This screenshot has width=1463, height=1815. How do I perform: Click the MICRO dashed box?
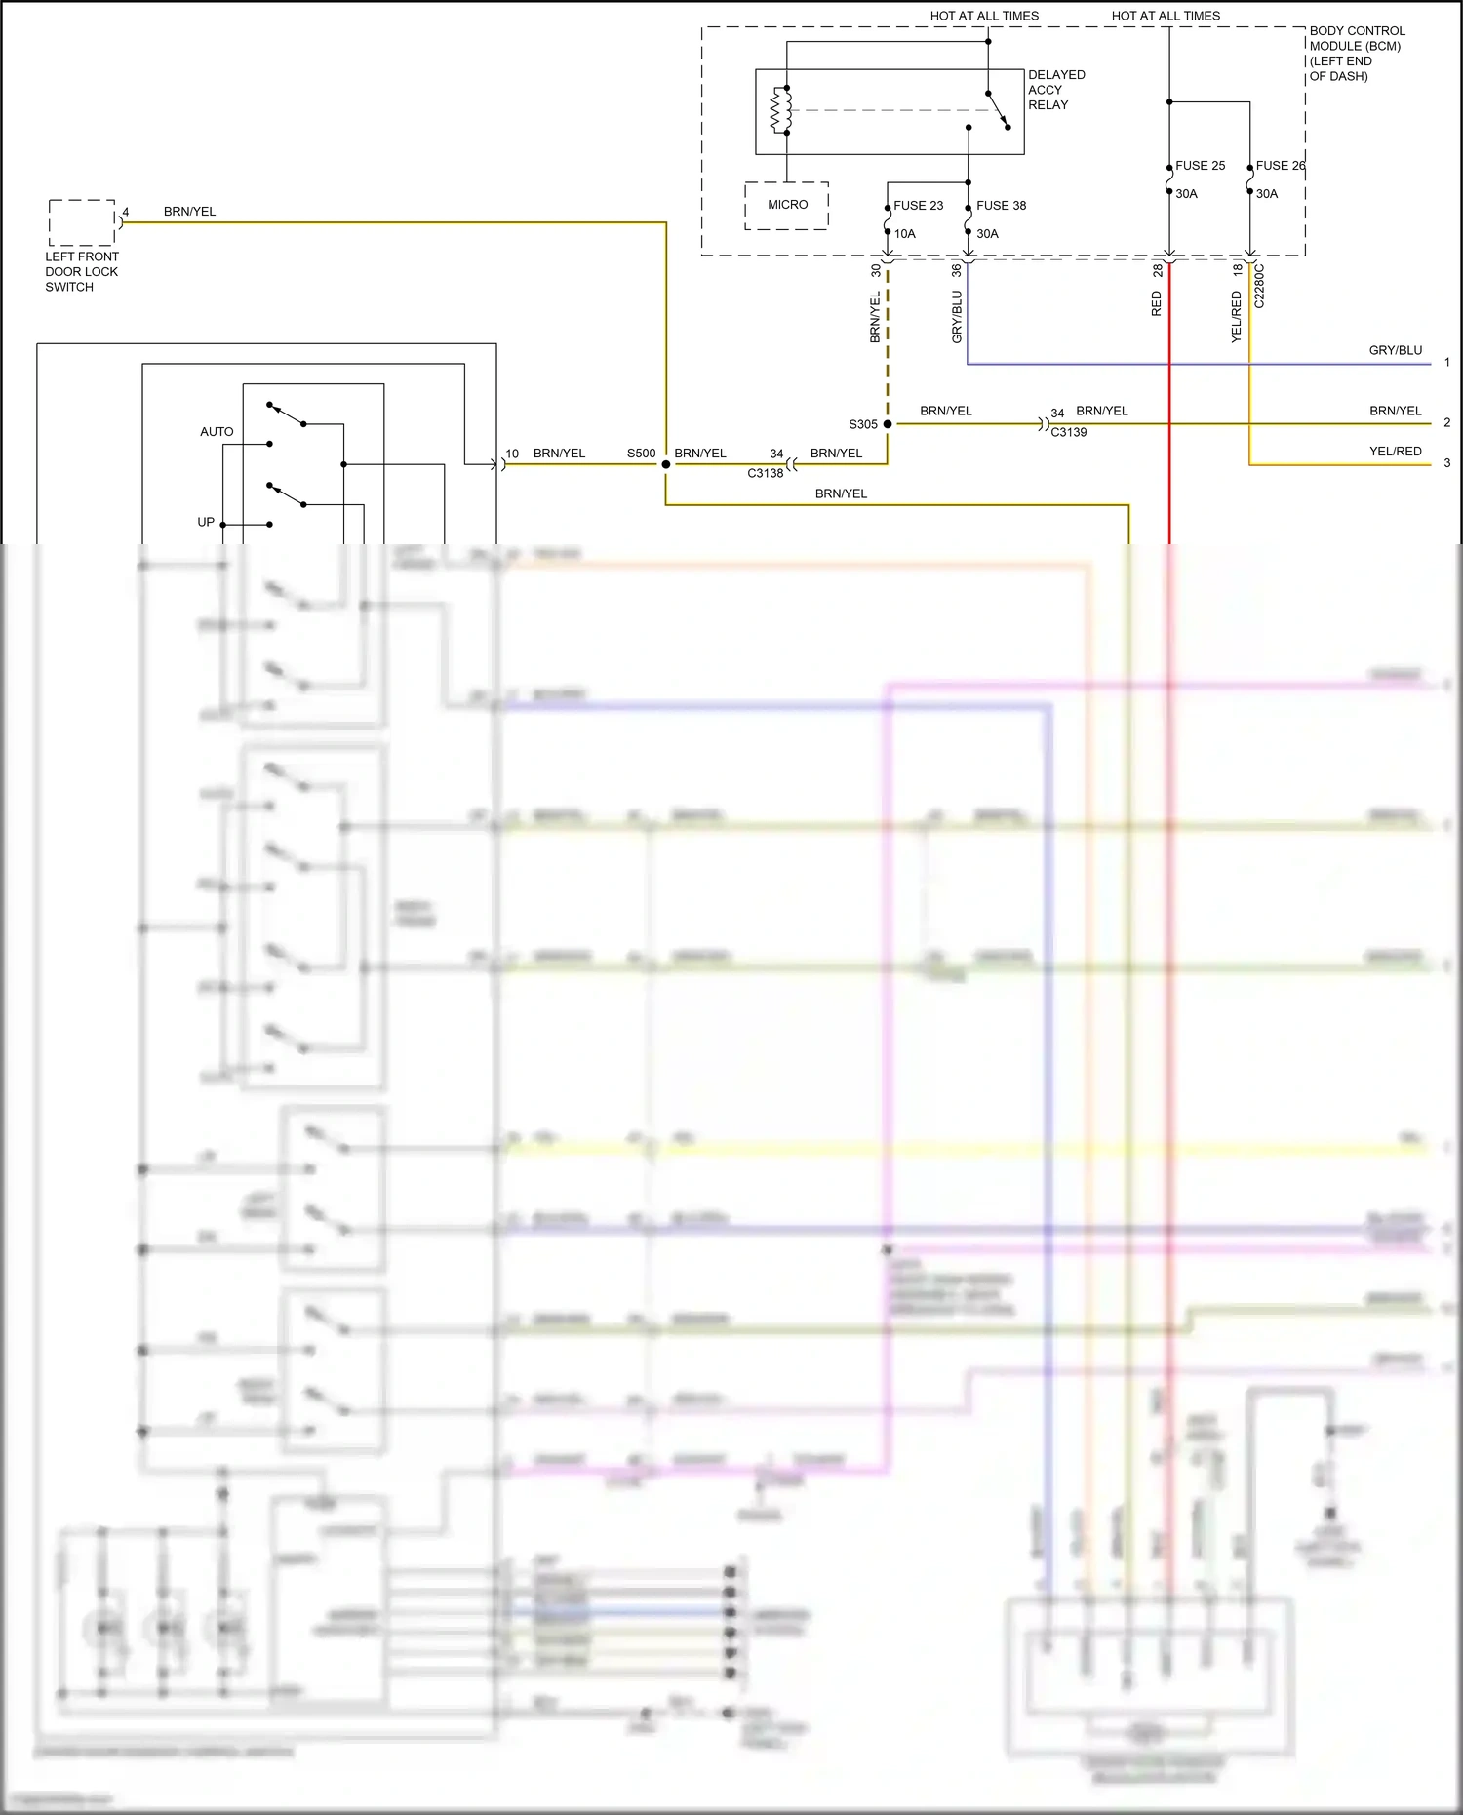tap(787, 205)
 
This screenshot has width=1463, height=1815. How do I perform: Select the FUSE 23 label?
tap(918, 206)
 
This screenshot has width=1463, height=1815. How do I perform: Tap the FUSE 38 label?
tap(1001, 206)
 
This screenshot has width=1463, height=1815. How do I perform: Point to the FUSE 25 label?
tap(1200, 166)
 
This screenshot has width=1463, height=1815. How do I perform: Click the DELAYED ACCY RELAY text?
tap(1055, 90)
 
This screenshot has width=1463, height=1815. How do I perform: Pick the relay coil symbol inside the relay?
tap(781, 109)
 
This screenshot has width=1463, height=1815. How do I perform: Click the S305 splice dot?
tap(888, 424)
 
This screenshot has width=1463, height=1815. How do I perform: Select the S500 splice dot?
tap(666, 464)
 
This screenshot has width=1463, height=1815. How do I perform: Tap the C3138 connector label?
tap(766, 473)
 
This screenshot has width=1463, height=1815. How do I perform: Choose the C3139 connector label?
tap(1068, 432)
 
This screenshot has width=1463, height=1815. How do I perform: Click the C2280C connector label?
tap(1259, 286)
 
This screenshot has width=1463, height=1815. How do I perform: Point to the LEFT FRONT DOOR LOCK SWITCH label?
tap(81, 272)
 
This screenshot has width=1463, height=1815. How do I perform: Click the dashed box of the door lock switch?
tap(82, 222)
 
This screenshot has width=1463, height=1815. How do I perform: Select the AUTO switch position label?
tap(217, 432)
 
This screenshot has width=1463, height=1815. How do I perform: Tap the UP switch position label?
tap(206, 522)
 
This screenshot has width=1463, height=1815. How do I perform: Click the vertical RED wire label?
tap(1157, 303)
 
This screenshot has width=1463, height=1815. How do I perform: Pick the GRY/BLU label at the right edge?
tap(1395, 350)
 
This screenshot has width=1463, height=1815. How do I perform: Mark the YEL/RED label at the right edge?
tap(1395, 452)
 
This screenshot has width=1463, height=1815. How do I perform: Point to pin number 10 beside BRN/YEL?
tap(512, 454)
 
